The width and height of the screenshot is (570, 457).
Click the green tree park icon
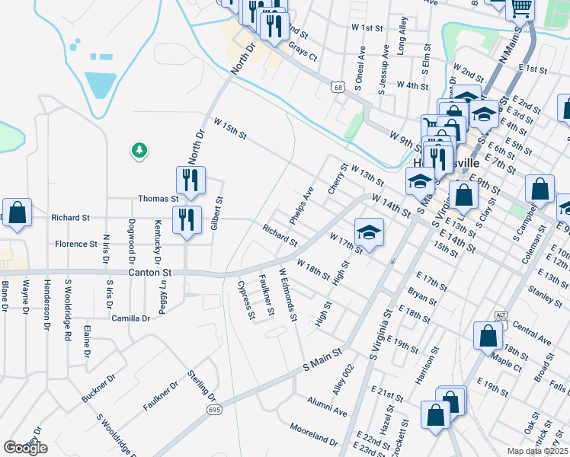pyautogui.click(x=139, y=151)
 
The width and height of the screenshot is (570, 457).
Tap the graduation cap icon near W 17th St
pyautogui.click(x=368, y=232)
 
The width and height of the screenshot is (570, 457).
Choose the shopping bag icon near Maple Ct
pyautogui.click(x=488, y=334)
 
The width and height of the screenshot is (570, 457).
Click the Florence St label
pyautogui.click(x=75, y=244)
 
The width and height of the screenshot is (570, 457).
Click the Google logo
pyautogui.click(x=25, y=448)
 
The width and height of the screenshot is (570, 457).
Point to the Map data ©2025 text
pyautogui.click(x=536, y=451)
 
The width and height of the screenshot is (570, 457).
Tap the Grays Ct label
pyautogui.click(x=302, y=51)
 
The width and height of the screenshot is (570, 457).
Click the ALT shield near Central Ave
pyautogui.click(x=501, y=315)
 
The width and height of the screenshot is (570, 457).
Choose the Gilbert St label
pyautogui.click(x=216, y=214)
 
